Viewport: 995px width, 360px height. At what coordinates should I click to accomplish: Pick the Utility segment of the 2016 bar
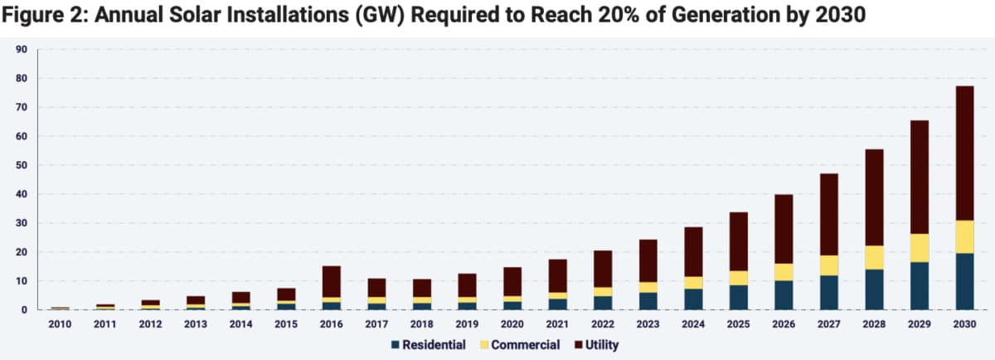[332, 281]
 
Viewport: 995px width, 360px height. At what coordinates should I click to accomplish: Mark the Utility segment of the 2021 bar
[556, 276]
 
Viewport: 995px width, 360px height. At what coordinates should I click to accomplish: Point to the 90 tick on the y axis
[22, 50]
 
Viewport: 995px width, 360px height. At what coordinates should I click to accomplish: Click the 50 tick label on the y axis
[22, 165]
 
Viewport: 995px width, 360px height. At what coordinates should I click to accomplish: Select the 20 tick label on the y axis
[22, 252]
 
